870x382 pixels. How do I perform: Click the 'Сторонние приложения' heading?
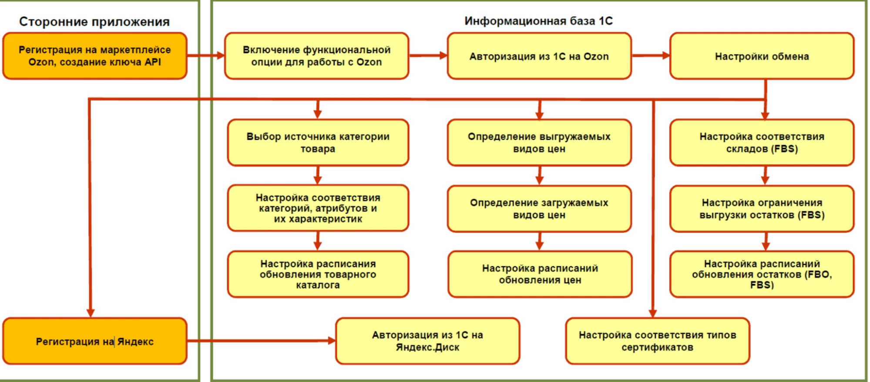tap(94, 22)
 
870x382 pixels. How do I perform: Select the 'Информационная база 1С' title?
tap(538, 21)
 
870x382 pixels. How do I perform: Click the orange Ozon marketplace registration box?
tap(95, 56)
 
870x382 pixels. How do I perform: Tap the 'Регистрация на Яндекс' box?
tap(95, 341)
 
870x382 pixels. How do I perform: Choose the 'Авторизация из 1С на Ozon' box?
tap(539, 56)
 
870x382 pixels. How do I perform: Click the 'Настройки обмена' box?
tap(762, 56)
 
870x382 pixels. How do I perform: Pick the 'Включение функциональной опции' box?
tap(316, 56)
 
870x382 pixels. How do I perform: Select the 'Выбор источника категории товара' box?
tap(318, 142)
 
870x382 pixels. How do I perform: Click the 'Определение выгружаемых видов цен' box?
tap(539, 142)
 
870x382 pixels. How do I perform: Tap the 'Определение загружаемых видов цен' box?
tap(539, 209)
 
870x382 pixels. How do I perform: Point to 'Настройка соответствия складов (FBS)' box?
tap(762, 142)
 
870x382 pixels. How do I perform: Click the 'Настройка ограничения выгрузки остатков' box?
tap(762, 209)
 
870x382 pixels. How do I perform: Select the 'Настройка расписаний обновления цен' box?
tap(540, 274)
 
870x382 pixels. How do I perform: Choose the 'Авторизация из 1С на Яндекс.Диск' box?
tap(427, 341)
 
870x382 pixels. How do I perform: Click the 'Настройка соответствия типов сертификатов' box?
tap(657, 341)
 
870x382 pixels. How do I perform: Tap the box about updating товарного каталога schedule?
tap(318, 274)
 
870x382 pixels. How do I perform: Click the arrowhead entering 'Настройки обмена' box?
tap(666, 55)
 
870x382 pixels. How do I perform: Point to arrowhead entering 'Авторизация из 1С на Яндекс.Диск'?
tap(332, 341)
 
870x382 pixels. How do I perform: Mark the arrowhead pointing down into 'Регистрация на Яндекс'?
tap(91, 313)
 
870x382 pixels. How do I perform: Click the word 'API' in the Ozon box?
tap(153, 62)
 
